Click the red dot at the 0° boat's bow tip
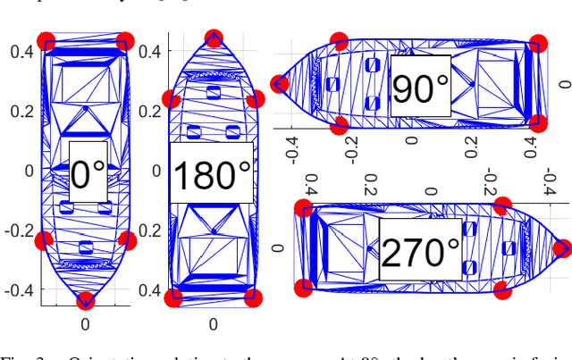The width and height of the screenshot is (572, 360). click(x=86, y=300)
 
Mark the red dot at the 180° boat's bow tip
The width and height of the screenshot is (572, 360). click(x=213, y=38)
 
